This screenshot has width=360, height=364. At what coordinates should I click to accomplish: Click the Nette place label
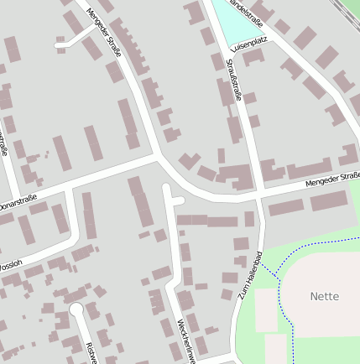[324, 296]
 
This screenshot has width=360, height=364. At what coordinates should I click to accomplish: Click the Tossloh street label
[10, 265]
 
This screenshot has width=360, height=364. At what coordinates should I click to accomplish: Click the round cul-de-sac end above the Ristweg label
[76, 310]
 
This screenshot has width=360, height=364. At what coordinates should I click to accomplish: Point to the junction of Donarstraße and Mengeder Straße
[155, 155]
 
